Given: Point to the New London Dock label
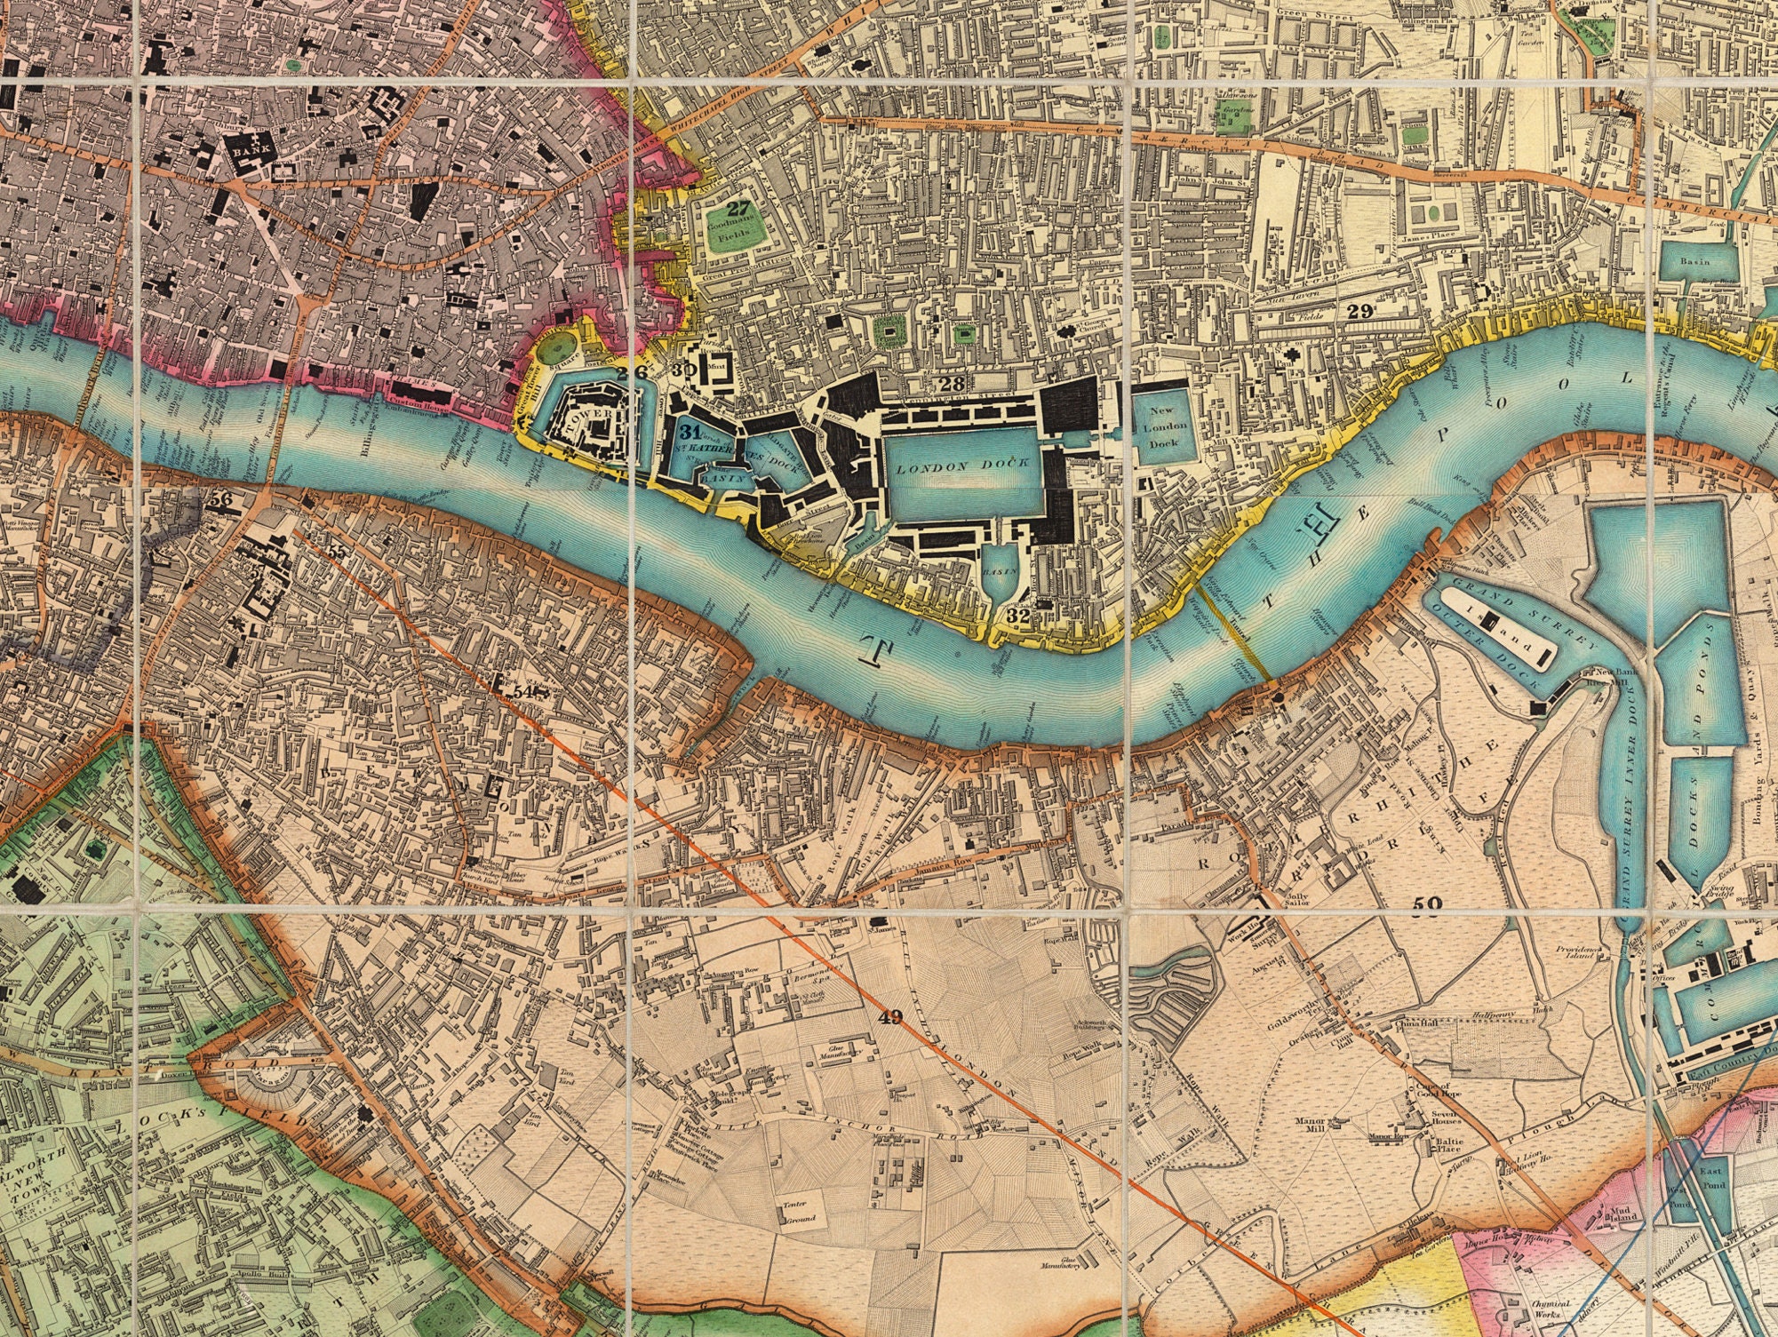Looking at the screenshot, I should [1162, 426].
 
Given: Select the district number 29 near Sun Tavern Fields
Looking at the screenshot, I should [1359, 311].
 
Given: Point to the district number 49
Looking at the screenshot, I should [889, 1018].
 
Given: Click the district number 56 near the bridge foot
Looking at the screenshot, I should [222, 499].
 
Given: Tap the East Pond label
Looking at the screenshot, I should [1710, 1178].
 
